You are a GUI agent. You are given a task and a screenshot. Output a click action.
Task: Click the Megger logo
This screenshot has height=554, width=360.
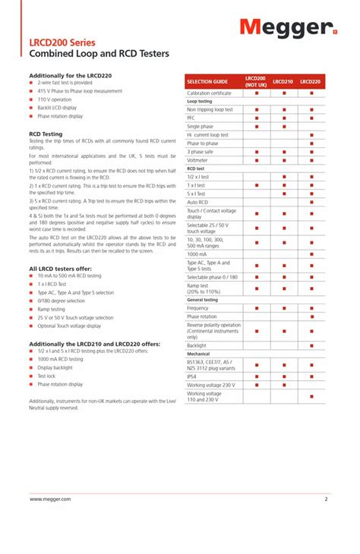pos(288,29)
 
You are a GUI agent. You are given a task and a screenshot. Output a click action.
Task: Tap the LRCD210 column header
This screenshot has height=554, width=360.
pos(283,81)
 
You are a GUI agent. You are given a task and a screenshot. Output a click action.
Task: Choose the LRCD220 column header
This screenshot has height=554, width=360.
pos(311,81)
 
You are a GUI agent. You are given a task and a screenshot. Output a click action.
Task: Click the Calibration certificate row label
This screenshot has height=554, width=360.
pos(210,93)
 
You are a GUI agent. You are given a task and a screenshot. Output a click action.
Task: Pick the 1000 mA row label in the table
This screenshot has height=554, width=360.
pos(198,253)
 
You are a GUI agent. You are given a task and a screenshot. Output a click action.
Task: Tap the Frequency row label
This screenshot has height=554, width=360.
pos(198,308)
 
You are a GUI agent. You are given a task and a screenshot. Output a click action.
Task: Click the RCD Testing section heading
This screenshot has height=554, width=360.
pos(46,134)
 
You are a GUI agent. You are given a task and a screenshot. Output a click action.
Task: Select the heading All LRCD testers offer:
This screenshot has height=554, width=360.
pos(60,269)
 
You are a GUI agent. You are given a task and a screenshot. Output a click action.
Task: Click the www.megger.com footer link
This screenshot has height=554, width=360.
pos(50,499)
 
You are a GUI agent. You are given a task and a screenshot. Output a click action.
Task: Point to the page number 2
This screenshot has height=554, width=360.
pos(326,499)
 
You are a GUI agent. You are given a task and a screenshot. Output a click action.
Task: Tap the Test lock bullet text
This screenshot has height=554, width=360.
pos(46,376)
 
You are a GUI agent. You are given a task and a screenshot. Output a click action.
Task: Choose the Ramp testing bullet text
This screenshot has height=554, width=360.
pos(51,309)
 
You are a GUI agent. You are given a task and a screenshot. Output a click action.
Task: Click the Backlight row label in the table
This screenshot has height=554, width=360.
pos(197,345)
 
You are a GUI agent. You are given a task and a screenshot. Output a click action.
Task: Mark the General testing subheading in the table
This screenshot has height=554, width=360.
pos(203,300)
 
